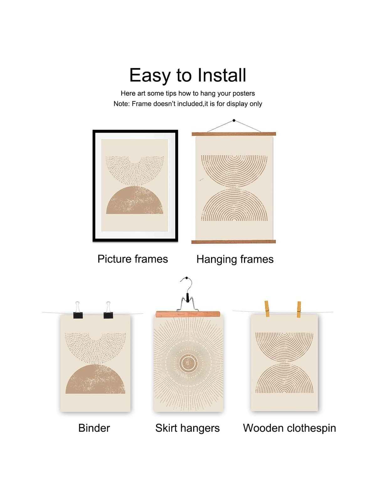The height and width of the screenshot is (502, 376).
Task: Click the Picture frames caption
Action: [133, 259]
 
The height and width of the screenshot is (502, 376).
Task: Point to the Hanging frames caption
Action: [235, 259]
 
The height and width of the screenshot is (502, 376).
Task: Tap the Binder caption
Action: [94, 428]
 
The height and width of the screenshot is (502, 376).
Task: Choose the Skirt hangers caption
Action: [187, 428]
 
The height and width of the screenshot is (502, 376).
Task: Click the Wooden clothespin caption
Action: [290, 428]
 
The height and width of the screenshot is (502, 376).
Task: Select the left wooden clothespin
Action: [267, 309]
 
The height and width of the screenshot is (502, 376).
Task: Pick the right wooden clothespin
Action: [299, 309]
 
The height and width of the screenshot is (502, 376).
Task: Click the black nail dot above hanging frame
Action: [234, 120]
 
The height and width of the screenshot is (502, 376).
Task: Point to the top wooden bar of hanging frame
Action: [234, 134]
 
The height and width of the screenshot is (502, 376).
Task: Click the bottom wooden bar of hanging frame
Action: [233, 242]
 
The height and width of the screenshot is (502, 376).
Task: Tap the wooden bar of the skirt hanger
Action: [188, 314]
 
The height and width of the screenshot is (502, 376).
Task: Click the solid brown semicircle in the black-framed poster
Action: [135, 200]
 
